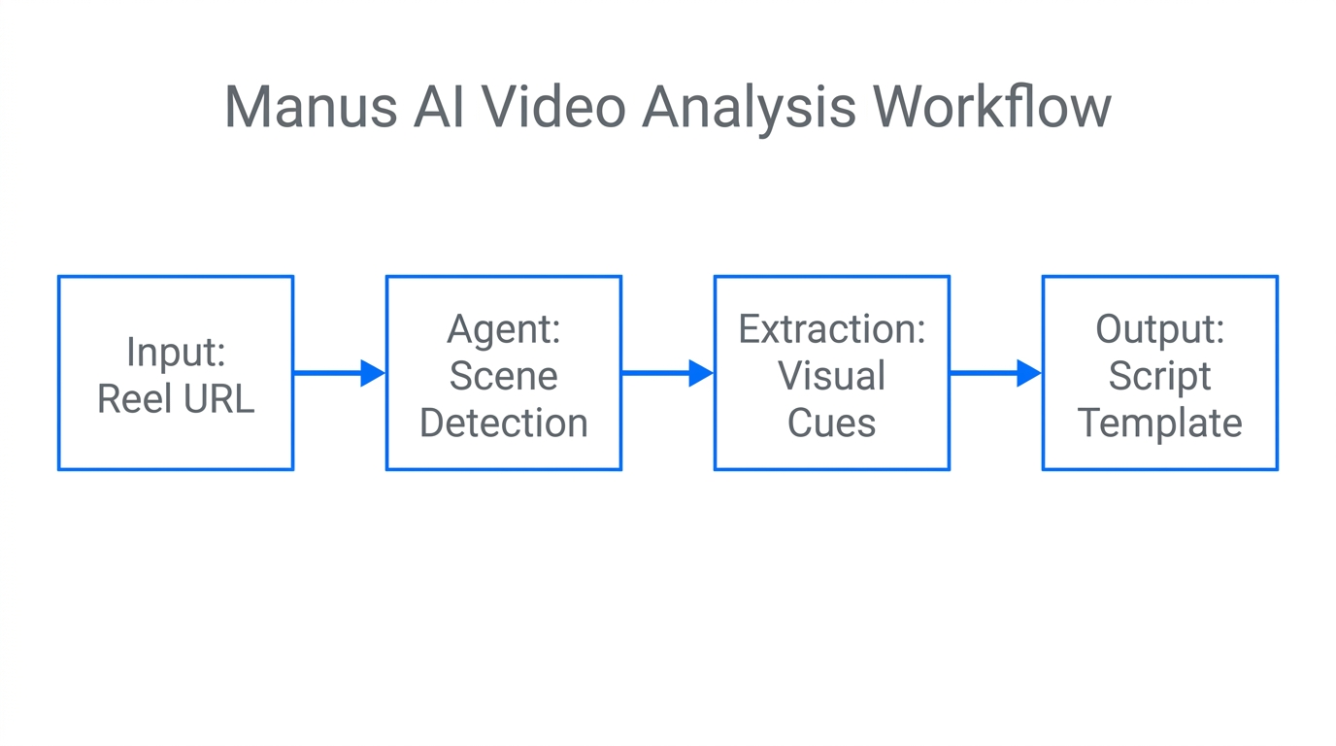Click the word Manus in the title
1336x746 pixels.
click(x=311, y=107)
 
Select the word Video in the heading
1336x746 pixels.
click(x=553, y=107)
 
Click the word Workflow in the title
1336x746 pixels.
click(x=991, y=107)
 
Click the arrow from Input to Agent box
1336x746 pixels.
click(x=338, y=373)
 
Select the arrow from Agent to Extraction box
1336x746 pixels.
click(x=666, y=373)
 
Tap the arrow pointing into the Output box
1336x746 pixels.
click(x=994, y=373)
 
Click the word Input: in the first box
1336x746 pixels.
click(x=176, y=352)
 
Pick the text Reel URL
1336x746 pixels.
click(x=176, y=398)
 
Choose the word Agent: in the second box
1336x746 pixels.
click(x=503, y=329)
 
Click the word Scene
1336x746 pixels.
click(x=503, y=376)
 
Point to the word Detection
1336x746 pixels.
click(x=503, y=423)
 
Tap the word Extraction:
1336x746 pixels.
click(x=831, y=329)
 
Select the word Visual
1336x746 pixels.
click(x=831, y=376)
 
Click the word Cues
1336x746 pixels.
click(x=831, y=423)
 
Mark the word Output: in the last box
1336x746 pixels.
click(x=1159, y=329)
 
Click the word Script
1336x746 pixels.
click(x=1159, y=377)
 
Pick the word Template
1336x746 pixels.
click(x=1159, y=423)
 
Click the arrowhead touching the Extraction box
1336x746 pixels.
click(x=701, y=373)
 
